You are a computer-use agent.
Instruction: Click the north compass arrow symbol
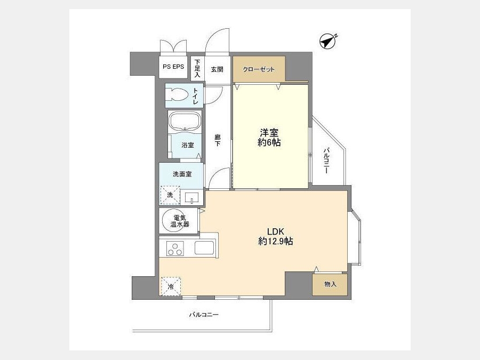328,41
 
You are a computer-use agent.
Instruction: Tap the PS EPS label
173,67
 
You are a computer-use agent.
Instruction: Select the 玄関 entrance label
217,69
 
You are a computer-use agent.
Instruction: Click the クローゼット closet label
259,69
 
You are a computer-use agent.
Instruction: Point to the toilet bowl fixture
177,94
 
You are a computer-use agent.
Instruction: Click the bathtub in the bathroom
185,121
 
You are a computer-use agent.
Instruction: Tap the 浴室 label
187,145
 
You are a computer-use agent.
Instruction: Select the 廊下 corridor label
218,140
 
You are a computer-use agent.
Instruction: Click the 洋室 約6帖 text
269,138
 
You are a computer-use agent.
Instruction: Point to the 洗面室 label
182,174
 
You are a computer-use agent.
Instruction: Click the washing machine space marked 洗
170,195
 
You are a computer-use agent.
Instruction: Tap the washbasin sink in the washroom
192,197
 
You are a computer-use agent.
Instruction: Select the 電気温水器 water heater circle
180,221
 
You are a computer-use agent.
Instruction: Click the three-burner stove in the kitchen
175,248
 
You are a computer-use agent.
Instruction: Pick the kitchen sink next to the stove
204,247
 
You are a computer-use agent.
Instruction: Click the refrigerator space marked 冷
171,286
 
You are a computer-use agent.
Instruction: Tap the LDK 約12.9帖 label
276,236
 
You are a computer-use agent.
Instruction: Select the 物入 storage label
330,284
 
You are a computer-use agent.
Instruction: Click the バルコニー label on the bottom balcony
204,314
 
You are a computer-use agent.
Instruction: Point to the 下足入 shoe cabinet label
197,68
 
